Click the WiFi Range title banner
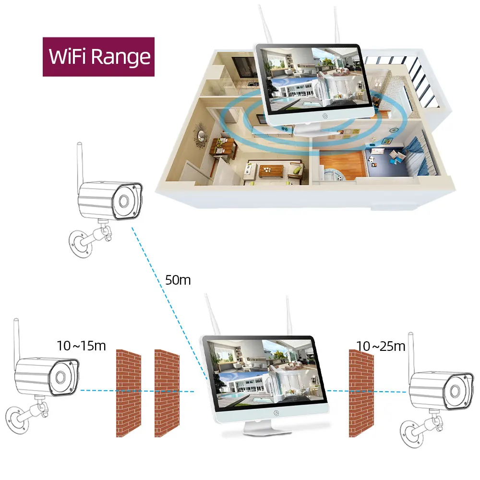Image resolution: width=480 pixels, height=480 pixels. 99,57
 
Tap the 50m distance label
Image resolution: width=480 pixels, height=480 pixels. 178,280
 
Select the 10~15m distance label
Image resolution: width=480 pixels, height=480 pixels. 81,346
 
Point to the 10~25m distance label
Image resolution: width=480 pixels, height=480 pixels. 381,346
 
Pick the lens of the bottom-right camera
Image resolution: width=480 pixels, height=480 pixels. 454,391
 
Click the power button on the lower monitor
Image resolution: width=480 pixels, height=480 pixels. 276,412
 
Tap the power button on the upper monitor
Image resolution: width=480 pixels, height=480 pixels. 325,116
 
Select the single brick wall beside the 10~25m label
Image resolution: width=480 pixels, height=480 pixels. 361,393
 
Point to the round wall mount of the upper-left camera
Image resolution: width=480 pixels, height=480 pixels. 80,243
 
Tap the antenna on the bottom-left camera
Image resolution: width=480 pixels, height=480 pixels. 17,338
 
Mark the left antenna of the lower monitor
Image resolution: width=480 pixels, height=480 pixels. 210,315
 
